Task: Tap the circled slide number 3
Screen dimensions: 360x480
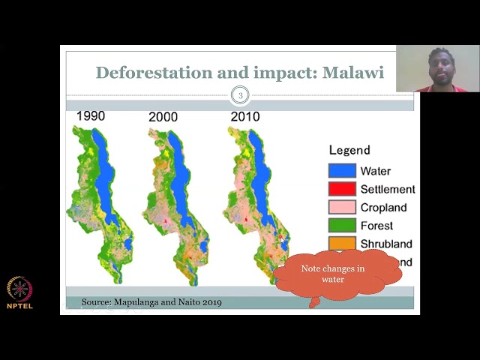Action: (x=240, y=95)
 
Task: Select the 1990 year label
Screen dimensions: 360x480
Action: (x=90, y=116)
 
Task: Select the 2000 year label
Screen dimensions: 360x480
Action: (x=163, y=117)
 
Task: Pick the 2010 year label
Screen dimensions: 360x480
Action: (x=244, y=116)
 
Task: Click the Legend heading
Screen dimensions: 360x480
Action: (x=349, y=150)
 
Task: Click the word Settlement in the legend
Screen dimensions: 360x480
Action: (x=387, y=190)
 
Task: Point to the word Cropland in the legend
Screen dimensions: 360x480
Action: (x=383, y=208)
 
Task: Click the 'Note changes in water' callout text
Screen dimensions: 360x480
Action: (x=333, y=274)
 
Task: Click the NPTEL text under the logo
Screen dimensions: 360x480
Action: (x=20, y=306)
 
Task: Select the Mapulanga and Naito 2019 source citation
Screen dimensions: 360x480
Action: (x=151, y=302)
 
